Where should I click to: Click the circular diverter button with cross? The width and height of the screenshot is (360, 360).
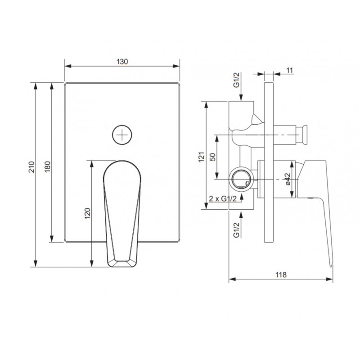[x=122, y=134]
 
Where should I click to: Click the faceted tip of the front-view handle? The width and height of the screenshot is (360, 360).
[x=122, y=263]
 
